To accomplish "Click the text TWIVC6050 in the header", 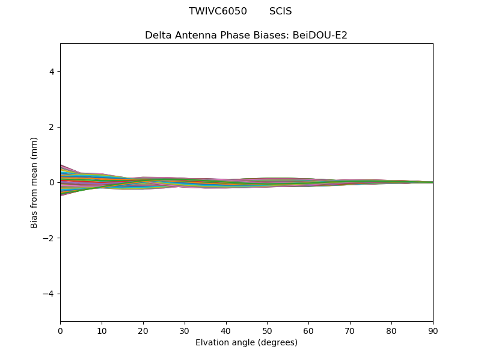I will pos(218,11).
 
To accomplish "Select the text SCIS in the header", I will pos(280,11).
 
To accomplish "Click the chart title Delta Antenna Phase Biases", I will pos(217,35).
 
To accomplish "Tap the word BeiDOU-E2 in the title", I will pos(320,35).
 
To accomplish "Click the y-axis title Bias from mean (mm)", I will pos(35,182).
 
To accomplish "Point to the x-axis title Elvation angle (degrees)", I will pos(247,343).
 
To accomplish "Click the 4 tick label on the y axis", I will pos(52,72).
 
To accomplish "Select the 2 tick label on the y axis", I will pos(52,127).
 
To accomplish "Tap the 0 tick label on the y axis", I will pos(52,182).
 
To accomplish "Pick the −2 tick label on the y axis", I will pos(49,238).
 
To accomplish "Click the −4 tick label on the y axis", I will pos(49,294).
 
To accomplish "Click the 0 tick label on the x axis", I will pos(60,330).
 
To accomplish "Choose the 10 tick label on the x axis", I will pos(102,330).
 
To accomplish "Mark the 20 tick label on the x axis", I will pos(143,330).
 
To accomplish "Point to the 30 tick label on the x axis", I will pos(185,330).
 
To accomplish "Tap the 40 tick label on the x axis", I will pos(226,330).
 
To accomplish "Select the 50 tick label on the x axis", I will pos(267,330).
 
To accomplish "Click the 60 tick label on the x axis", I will pos(308,330).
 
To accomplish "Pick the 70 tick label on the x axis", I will pos(350,330).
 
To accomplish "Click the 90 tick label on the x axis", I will pos(433,330).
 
